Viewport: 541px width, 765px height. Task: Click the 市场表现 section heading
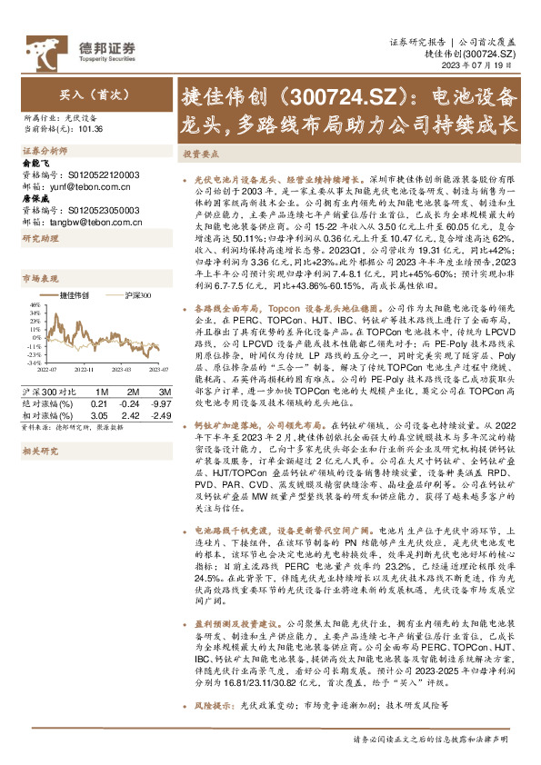(39, 279)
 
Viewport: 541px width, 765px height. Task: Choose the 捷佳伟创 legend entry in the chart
(75, 295)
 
